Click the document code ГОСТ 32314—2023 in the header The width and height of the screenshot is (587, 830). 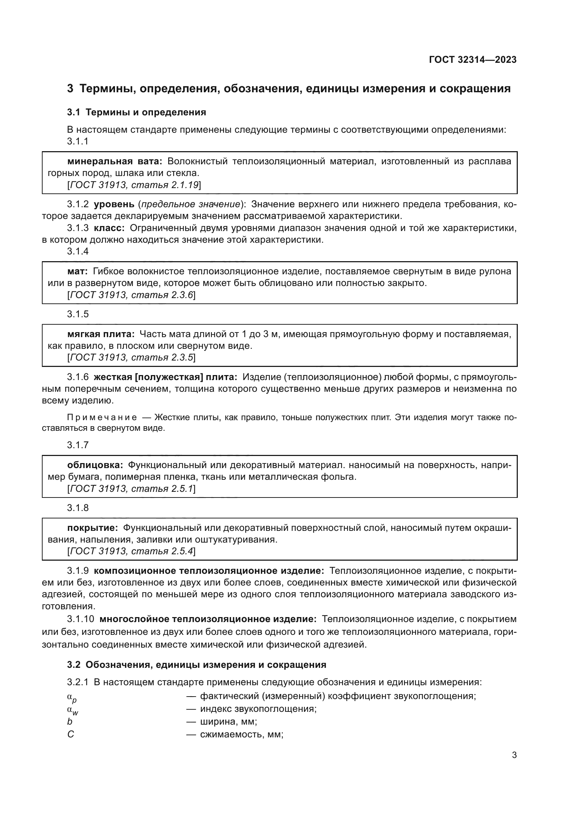pyautogui.click(x=472, y=60)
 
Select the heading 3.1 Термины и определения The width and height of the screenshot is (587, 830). pyautogui.click(x=136, y=112)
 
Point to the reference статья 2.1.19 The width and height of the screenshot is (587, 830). pyautogui.click(x=165, y=185)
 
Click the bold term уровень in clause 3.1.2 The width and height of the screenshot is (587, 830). pyautogui.click(x=114, y=204)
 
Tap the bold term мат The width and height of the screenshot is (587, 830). pyautogui.click(x=77, y=271)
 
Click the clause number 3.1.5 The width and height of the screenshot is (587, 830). pyautogui.click(x=78, y=314)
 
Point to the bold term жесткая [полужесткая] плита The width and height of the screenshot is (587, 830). pyautogui.click(x=165, y=377)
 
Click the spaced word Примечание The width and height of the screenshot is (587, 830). pyautogui.click(x=102, y=418)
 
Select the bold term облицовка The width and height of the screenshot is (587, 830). pyautogui.click(x=95, y=465)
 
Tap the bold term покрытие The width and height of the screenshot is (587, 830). pyautogui.click(x=93, y=528)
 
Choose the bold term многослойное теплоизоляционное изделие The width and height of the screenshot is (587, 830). pyautogui.click(x=208, y=619)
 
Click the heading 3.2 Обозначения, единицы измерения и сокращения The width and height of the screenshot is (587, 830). pyautogui.click(x=197, y=665)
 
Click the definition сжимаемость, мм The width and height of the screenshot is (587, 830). pyautogui.click(x=241, y=735)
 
